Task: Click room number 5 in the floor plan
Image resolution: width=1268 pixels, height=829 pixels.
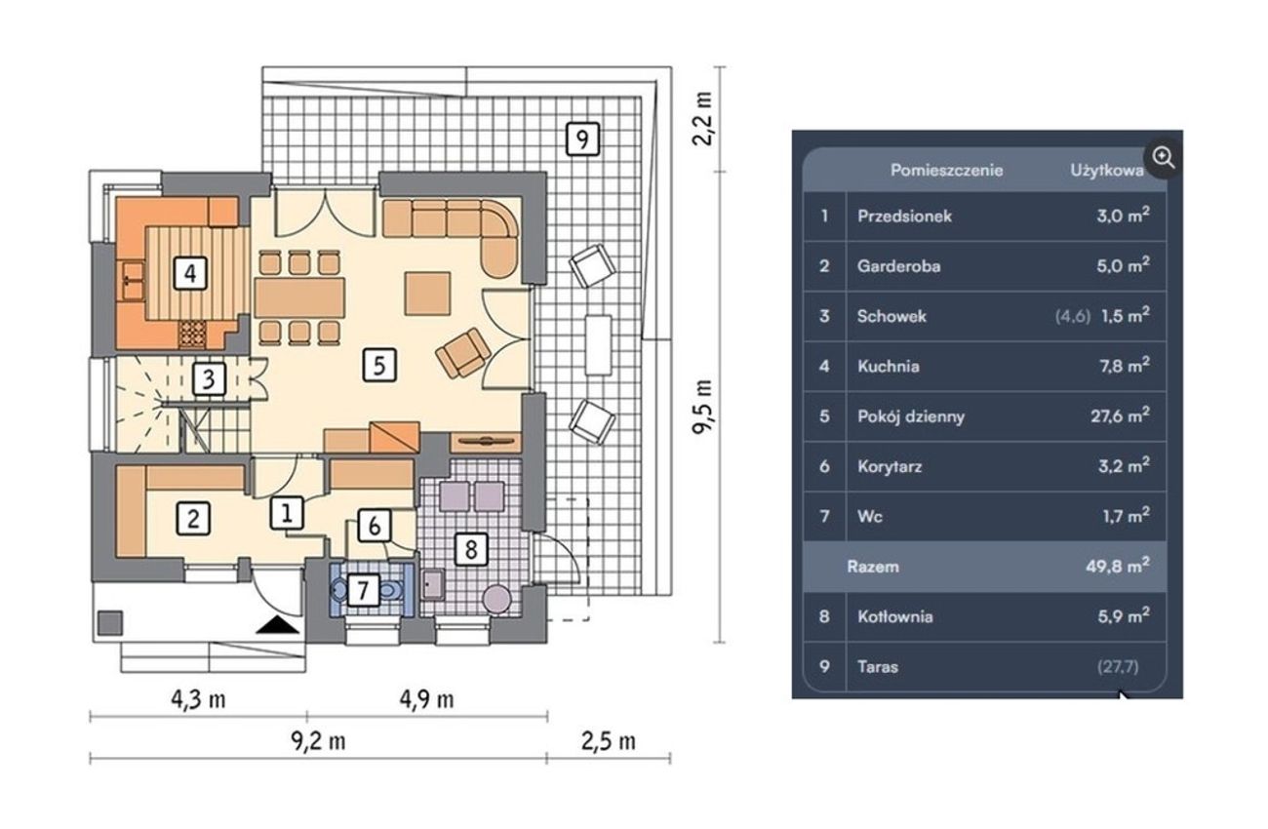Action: point(379,365)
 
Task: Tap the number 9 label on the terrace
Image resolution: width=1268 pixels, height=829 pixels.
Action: point(583,138)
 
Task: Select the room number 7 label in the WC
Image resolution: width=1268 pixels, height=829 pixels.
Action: point(363,590)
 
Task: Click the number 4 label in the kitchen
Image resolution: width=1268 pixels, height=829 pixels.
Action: point(190,273)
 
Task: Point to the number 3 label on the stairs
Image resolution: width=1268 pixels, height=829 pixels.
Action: point(210,378)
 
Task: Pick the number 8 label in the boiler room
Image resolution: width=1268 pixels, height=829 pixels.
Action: point(471,548)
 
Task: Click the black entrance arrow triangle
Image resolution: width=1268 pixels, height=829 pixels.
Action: point(277,625)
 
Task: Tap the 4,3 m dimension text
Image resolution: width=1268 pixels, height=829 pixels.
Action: point(198,700)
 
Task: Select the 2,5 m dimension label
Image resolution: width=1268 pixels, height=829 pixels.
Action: point(609,741)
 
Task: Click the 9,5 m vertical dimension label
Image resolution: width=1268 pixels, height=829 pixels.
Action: point(702,407)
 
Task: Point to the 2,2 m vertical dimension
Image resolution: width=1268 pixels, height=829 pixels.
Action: point(702,119)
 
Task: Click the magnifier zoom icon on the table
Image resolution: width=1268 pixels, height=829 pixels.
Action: point(1164,158)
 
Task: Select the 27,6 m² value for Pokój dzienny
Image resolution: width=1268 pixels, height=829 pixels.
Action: point(1120,415)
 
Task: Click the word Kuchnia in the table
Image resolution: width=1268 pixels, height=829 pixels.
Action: point(889,367)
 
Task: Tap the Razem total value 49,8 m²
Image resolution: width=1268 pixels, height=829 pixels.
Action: point(1118,566)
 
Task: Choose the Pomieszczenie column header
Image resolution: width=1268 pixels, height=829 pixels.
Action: point(946,171)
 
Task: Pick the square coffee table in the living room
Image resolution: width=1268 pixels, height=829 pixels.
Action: point(428,294)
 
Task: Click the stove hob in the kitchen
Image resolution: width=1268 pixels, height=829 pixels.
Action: point(192,334)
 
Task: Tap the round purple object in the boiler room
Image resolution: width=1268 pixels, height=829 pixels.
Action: point(497,599)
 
